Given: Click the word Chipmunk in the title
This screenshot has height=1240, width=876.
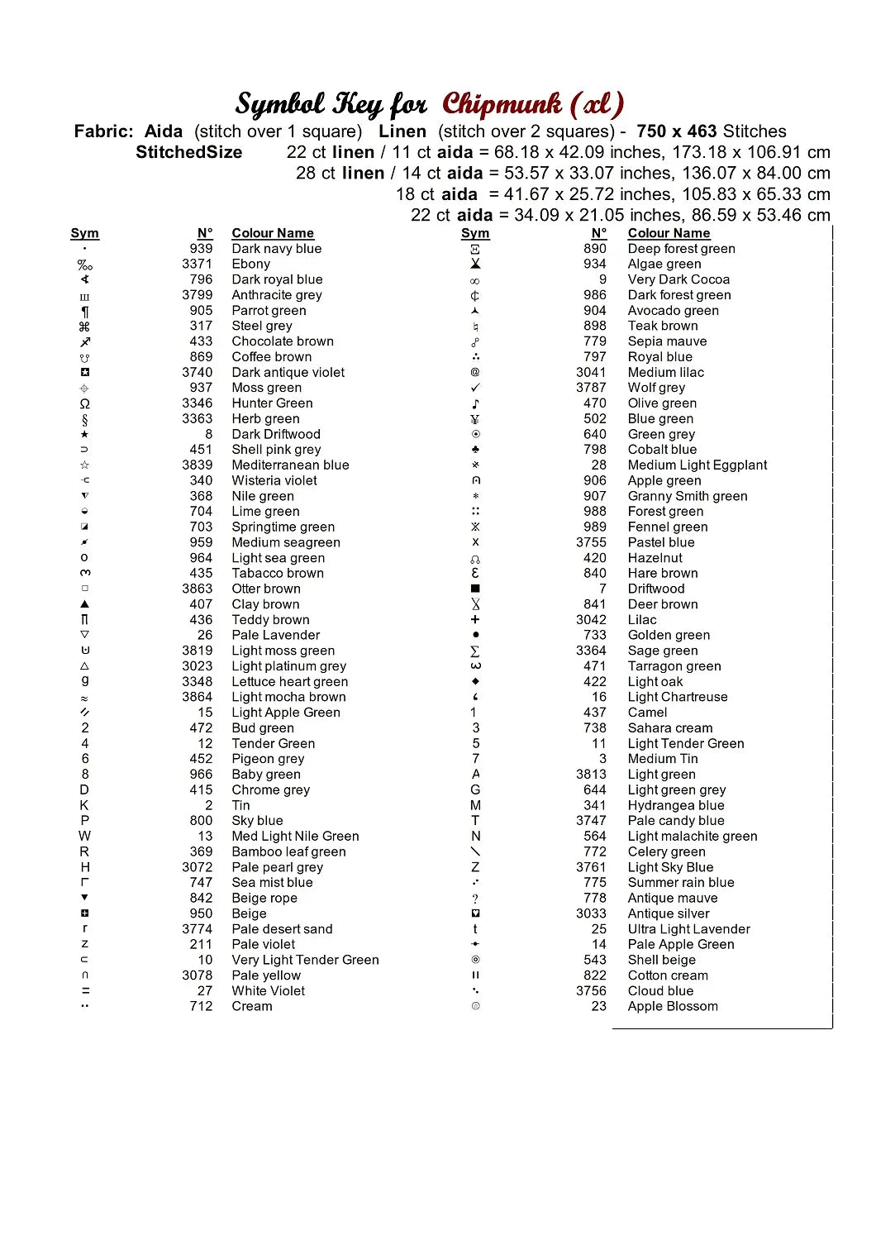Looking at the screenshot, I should [x=502, y=105].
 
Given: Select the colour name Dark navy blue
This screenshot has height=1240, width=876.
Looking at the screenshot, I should [x=276, y=249].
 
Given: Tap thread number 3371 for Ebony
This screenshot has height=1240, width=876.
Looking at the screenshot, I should [x=197, y=264].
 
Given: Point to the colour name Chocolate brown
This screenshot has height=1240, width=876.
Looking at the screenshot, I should [x=283, y=341].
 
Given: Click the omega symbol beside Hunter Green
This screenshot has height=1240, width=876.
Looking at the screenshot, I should [x=85, y=403].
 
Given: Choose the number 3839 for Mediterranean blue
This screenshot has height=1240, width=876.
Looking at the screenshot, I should [x=197, y=465].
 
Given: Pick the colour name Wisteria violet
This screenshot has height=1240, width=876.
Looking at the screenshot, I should [x=274, y=480].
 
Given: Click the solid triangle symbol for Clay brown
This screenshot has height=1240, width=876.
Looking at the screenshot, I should [x=85, y=604].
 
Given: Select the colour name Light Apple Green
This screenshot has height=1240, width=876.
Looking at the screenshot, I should [x=286, y=713].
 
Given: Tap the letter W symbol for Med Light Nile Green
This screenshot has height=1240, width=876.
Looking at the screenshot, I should [x=85, y=836].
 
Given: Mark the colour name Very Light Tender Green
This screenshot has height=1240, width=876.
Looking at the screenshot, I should [x=305, y=960].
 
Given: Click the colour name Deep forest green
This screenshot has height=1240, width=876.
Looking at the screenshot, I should [x=681, y=249].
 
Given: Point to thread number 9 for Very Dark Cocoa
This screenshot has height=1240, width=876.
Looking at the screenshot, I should [x=602, y=279].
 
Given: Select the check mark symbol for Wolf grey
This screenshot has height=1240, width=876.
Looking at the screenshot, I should [x=475, y=388].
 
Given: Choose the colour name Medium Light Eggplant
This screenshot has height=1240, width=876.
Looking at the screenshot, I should [x=697, y=465].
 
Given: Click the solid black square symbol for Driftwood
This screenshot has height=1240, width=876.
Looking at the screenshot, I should [x=475, y=589].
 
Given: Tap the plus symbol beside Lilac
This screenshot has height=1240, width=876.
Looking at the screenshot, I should [x=475, y=620].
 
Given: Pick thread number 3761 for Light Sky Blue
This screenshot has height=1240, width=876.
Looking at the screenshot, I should [x=591, y=867].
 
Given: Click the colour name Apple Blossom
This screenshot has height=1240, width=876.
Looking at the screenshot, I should [x=673, y=1006].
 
